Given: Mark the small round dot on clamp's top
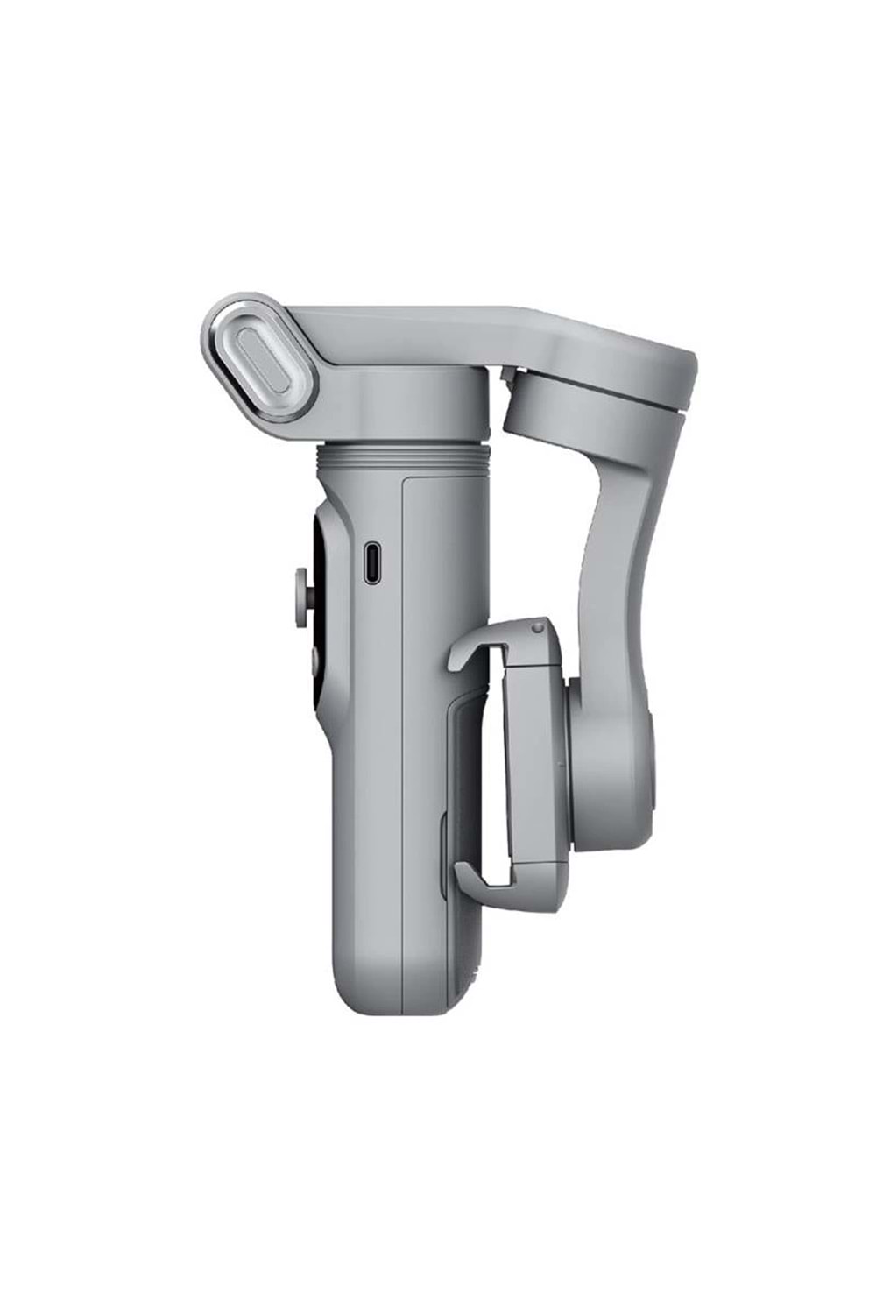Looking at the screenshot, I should click(x=533, y=627).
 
